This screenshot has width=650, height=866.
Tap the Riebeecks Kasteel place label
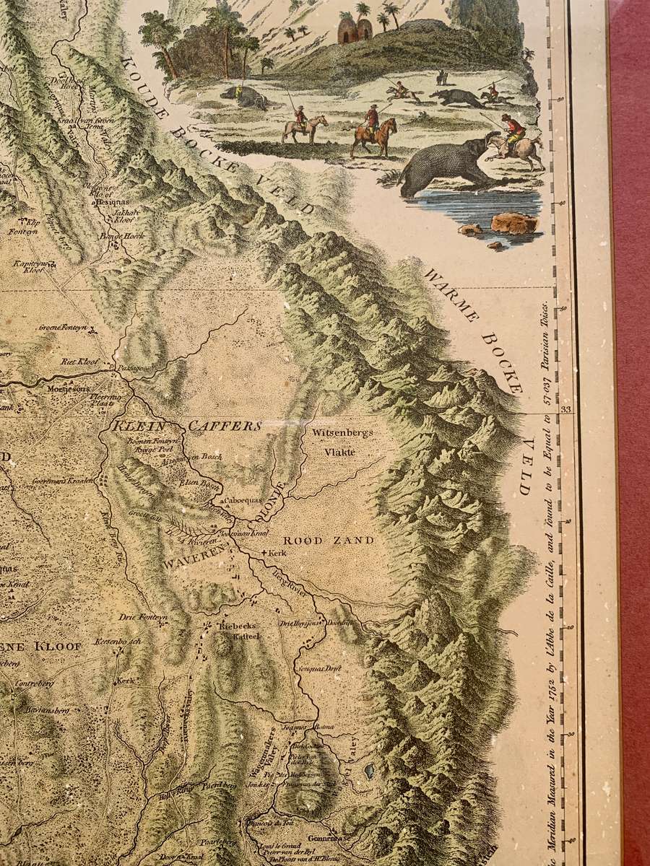[x=232, y=631]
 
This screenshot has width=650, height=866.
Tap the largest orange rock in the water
[x=513, y=222]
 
